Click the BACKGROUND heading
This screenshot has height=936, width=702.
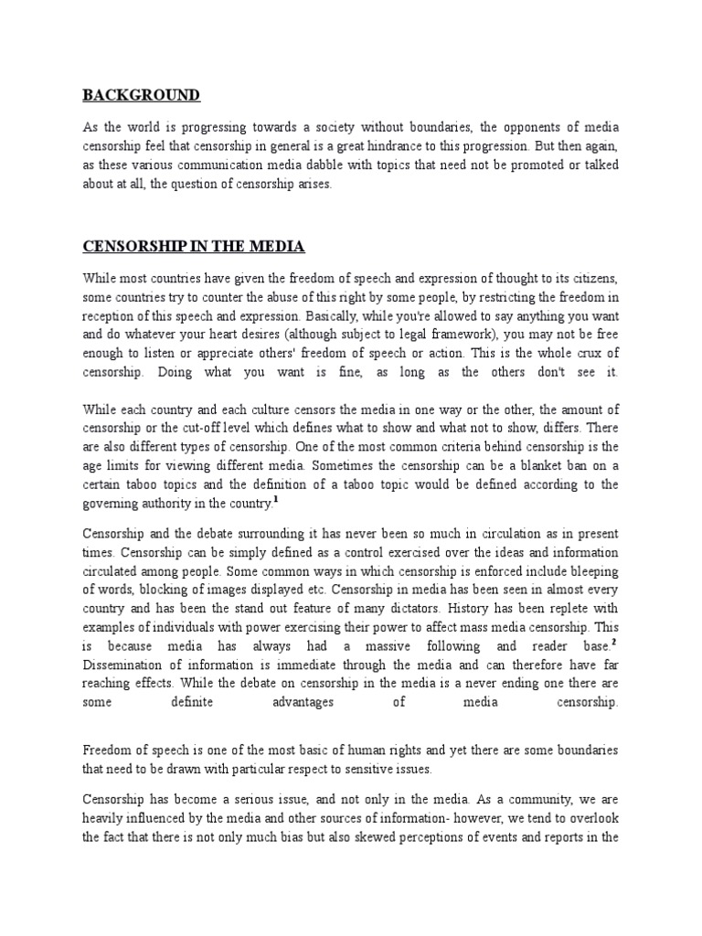(x=142, y=95)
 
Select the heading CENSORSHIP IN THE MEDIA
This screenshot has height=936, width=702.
(x=194, y=247)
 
